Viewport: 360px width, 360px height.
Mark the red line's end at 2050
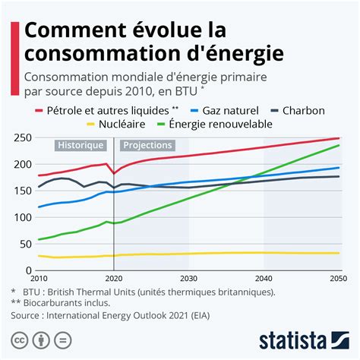click(339, 138)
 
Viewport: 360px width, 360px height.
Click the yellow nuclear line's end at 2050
click(339, 253)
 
